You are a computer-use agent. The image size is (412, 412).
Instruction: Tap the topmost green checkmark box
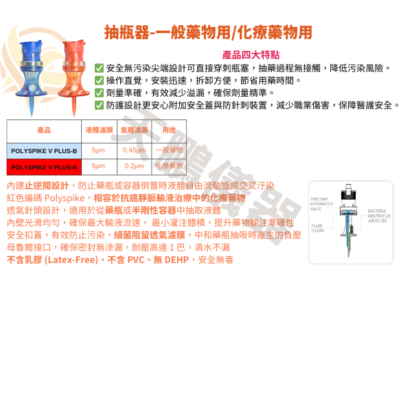click(100, 67)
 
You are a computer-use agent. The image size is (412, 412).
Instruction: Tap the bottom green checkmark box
click(100, 105)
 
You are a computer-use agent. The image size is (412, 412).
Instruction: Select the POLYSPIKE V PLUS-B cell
click(44, 150)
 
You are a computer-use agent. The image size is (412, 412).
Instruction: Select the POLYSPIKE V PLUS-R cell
click(44, 166)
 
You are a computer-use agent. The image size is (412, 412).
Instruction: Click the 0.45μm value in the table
click(134, 150)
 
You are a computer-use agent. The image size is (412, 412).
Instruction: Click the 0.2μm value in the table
click(134, 166)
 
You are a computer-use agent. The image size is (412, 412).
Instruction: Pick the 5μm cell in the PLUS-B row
click(98, 150)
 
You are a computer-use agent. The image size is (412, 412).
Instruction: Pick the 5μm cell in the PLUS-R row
click(98, 166)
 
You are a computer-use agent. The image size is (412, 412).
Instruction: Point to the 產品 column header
click(44, 129)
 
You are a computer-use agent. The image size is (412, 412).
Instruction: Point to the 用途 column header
click(169, 129)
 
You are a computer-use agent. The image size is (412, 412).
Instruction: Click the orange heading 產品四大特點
click(251, 55)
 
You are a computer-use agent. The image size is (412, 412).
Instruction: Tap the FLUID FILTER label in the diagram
click(317, 227)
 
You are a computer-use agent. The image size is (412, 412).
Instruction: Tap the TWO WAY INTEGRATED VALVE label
click(321, 204)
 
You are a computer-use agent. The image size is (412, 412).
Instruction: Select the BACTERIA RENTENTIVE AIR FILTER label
click(380, 216)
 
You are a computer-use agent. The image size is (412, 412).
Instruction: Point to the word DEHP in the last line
click(180, 260)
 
